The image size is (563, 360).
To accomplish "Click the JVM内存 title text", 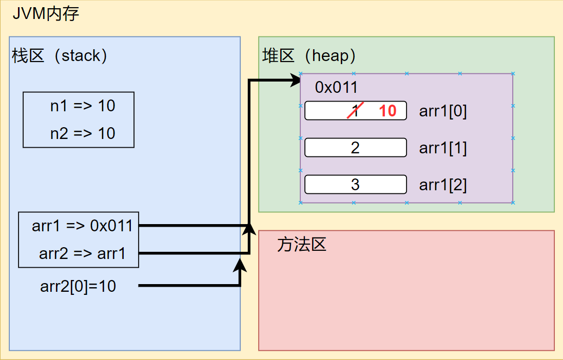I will [46, 14].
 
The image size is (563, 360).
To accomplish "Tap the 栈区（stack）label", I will [60, 55].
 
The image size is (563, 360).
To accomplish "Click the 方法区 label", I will [301, 245].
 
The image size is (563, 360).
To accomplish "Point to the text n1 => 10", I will [83, 106].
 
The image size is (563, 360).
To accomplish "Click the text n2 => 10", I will [83, 133].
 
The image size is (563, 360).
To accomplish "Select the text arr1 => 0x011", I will [82, 226].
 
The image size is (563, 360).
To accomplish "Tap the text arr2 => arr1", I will [82, 253].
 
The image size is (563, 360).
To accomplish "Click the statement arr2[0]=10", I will [78, 286].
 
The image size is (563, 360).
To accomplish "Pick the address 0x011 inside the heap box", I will [336, 87].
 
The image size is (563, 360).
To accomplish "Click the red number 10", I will [388, 111].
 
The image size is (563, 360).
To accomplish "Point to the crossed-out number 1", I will [355, 111].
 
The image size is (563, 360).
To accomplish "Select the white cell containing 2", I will [355, 148].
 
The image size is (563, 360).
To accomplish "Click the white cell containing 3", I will [355, 185].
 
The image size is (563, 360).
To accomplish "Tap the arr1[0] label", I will [443, 111].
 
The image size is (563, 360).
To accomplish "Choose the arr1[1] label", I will [443, 148].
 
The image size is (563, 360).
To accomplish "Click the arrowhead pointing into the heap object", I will [295, 79].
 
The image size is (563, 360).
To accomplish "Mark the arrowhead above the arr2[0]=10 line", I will [240, 264].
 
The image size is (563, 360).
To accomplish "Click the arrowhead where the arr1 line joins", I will [249, 229].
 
